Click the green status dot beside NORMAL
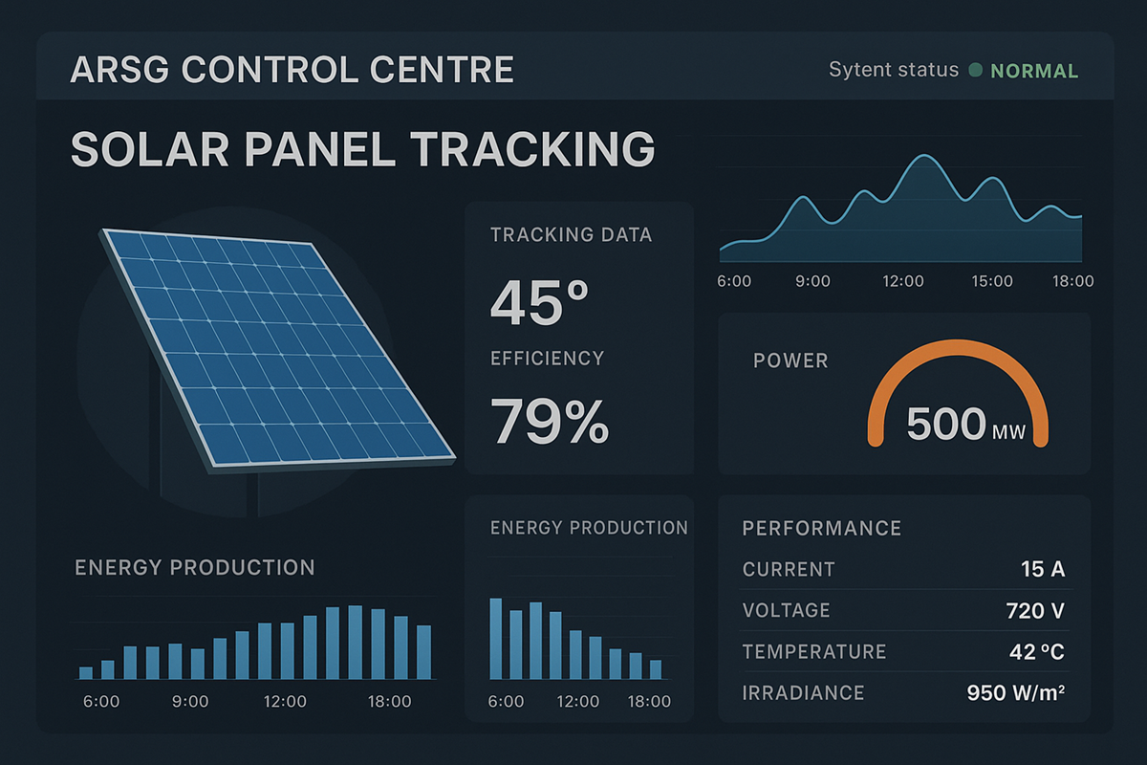point(976,71)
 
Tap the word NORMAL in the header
point(1034,71)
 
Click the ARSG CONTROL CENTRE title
point(292,71)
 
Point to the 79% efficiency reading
point(550,421)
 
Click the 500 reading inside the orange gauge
point(945,424)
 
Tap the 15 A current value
point(1042,570)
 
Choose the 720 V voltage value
point(1035,611)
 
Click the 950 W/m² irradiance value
point(1015,693)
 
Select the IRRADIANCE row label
point(803,693)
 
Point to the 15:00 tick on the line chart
point(991,281)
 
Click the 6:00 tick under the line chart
point(734,281)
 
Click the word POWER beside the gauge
point(790,361)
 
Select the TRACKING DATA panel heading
point(571,235)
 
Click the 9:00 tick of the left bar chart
point(189,702)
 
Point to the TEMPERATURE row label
point(814,652)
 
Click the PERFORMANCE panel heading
point(821,528)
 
